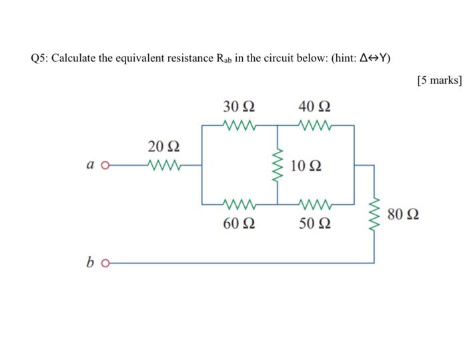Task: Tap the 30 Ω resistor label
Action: pos(238,107)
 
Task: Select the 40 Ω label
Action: pos(315,107)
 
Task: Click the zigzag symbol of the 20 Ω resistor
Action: pos(163,163)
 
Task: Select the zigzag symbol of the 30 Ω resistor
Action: pos(238,125)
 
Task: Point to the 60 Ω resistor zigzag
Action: pos(238,203)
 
